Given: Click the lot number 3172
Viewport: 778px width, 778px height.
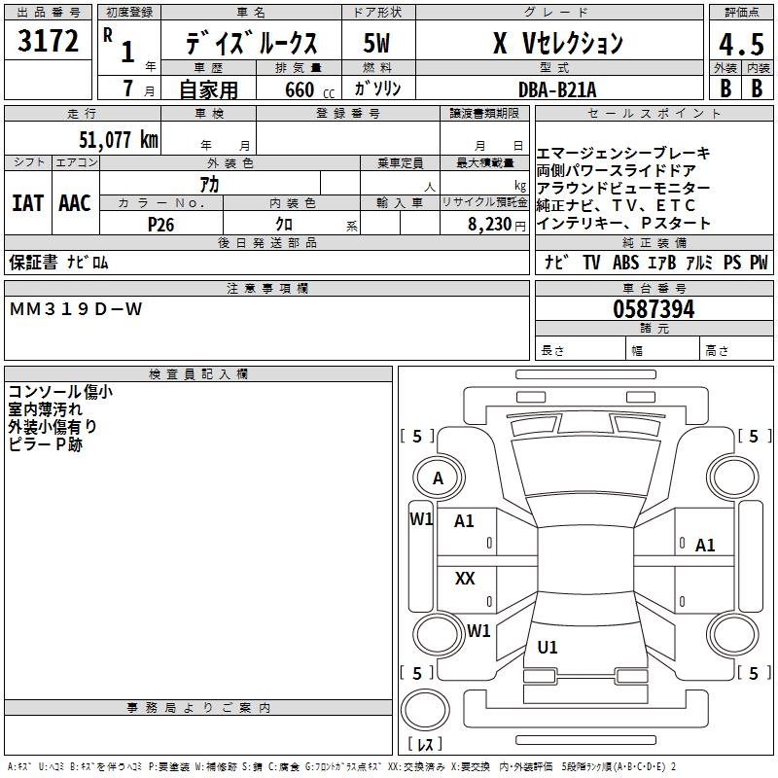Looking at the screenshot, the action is coord(49,42).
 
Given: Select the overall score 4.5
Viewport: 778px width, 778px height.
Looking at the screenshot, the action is coord(738,45).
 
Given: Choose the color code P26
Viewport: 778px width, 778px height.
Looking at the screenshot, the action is coord(160,224).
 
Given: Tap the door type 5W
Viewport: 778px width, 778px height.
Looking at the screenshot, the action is coord(377,44).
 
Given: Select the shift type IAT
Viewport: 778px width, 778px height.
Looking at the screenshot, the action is coord(27,202).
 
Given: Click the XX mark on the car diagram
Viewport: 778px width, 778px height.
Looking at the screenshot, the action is coord(465,579).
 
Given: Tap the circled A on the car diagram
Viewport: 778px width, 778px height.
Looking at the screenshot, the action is coord(438,478).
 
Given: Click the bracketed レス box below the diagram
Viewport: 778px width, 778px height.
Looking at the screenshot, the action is coord(424,745).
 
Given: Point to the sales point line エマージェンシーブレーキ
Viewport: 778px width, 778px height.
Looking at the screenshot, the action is coord(623,154).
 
